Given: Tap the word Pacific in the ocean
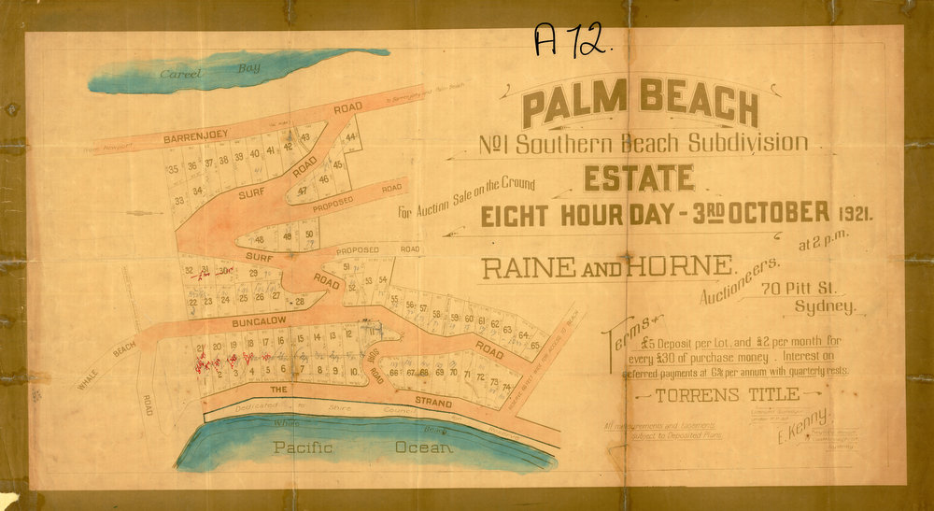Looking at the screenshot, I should pos(304,448).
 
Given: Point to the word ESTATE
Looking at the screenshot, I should pos(640,177).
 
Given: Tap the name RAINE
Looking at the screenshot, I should pos(526,270).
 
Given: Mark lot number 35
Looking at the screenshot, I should pos(174,169).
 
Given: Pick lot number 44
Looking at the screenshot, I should pos(350,137).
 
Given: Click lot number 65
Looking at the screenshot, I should pos(535,344).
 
